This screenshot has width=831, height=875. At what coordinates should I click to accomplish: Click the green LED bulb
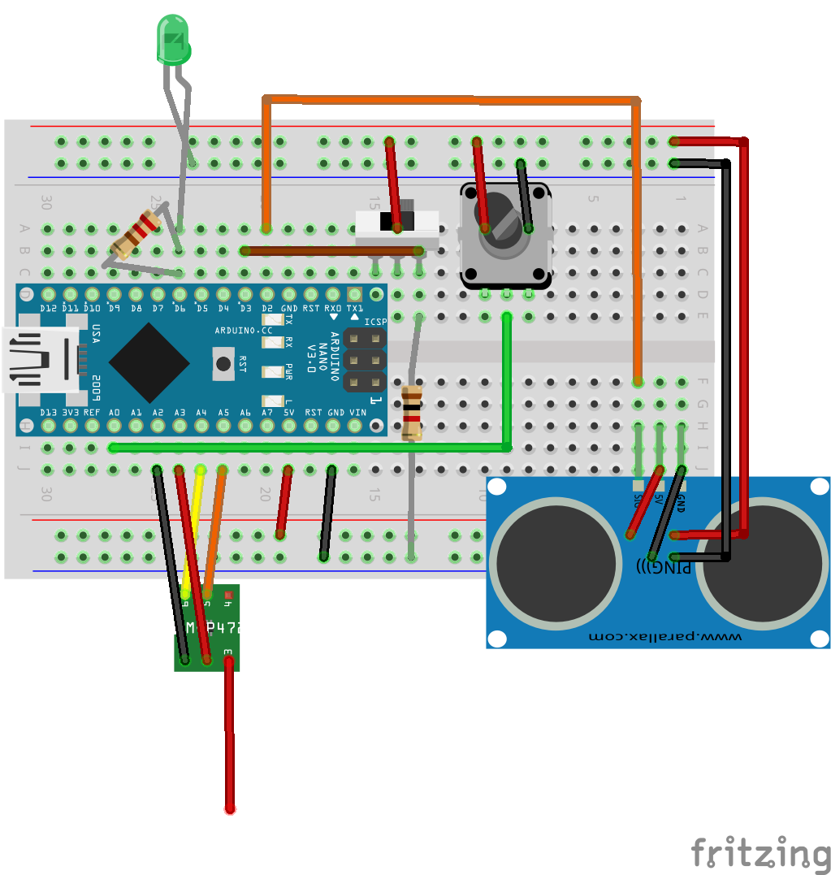click(172, 41)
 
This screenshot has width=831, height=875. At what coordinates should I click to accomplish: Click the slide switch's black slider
click(397, 220)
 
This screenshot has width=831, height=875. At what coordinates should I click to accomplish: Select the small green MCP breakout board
click(207, 627)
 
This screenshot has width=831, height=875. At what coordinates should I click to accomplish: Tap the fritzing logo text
click(760, 855)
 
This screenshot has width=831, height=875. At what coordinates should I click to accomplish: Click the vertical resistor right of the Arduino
click(412, 412)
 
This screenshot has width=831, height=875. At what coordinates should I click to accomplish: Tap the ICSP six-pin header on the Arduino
click(364, 358)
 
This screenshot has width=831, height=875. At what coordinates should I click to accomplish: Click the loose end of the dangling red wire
click(231, 808)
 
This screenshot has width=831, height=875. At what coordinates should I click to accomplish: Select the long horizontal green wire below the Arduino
click(309, 448)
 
